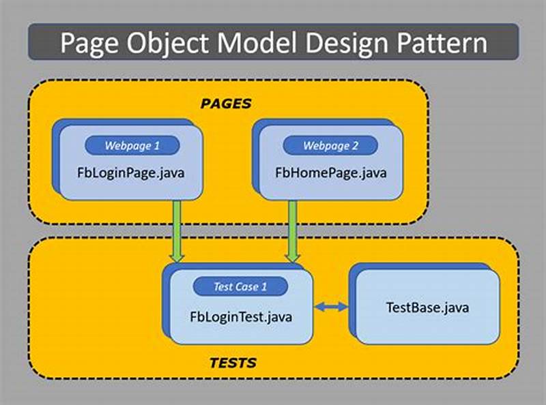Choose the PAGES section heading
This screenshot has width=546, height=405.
click(226, 104)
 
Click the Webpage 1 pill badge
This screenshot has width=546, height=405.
click(132, 145)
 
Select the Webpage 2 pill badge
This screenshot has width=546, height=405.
click(330, 145)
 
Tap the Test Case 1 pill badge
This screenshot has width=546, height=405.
click(240, 286)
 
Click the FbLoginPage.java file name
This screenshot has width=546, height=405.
click(132, 172)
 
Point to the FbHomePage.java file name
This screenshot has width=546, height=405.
click(331, 172)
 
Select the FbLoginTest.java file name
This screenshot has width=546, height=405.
click(240, 316)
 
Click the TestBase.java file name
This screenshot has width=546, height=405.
click(428, 307)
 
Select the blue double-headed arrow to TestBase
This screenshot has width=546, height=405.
click(331, 308)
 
